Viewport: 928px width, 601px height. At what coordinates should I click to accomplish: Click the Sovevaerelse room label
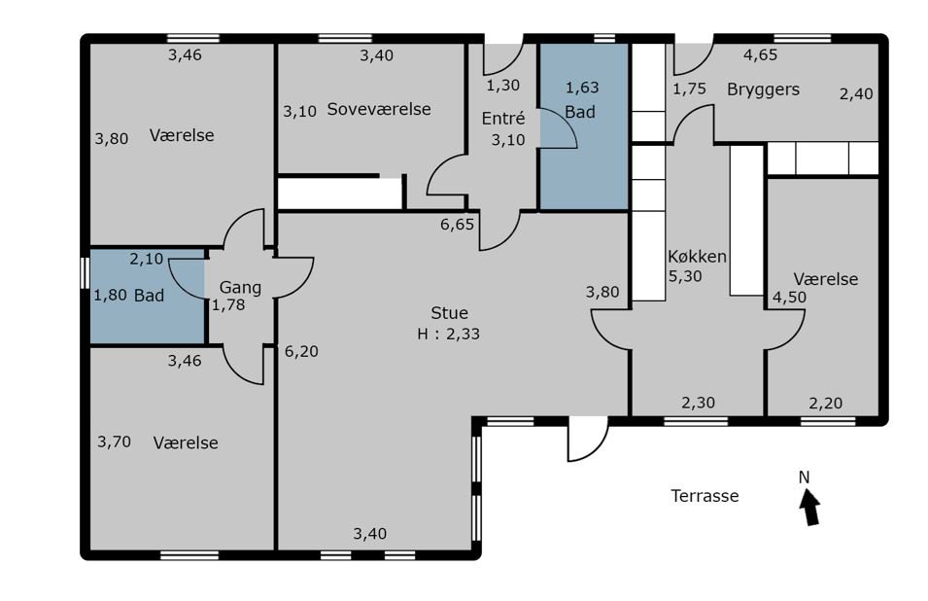coord(379,109)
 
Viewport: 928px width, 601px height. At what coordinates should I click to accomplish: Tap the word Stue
coord(449,312)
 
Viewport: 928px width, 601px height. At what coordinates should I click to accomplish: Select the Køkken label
coord(697,257)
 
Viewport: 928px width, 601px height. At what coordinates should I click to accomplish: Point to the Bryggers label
coord(763,90)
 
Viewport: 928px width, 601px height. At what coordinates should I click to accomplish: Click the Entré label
coord(503,119)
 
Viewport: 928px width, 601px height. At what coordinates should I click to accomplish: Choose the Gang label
coord(240,288)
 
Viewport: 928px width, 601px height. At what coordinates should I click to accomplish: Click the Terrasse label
coord(705,496)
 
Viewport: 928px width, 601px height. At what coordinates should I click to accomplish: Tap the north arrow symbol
coord(809,507)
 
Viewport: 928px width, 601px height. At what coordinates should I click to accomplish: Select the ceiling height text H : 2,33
coord(448,334)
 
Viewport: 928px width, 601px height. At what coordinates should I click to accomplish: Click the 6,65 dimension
coord(457,225)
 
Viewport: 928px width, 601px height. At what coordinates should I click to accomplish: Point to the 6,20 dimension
coord(301,352)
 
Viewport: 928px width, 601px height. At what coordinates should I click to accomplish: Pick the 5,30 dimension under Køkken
coord(685,276)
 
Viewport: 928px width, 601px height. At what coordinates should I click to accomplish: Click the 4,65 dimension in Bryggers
coord(761,55)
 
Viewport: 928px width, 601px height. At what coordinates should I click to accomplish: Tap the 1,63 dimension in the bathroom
coord(582,88)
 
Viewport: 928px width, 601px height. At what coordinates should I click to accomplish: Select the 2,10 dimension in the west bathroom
coord(146,259)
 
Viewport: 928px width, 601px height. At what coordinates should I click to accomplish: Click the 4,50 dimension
coord(789,298)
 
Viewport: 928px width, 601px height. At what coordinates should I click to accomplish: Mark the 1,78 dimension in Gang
coord(228,305)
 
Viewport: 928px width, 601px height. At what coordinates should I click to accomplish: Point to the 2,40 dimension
coord(856,93)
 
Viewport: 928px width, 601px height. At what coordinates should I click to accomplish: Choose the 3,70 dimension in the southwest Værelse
coord(115,442)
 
